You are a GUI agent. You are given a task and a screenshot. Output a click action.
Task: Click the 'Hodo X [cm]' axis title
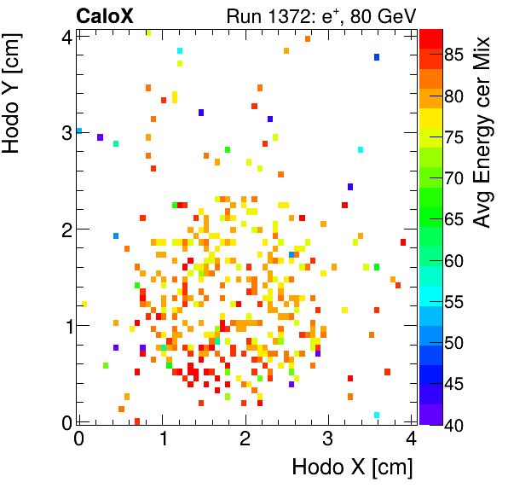coord(352,468)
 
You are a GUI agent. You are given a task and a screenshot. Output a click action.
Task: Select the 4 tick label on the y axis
coord(65,37)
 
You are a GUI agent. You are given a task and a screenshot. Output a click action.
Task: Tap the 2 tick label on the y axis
coord(65,229)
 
